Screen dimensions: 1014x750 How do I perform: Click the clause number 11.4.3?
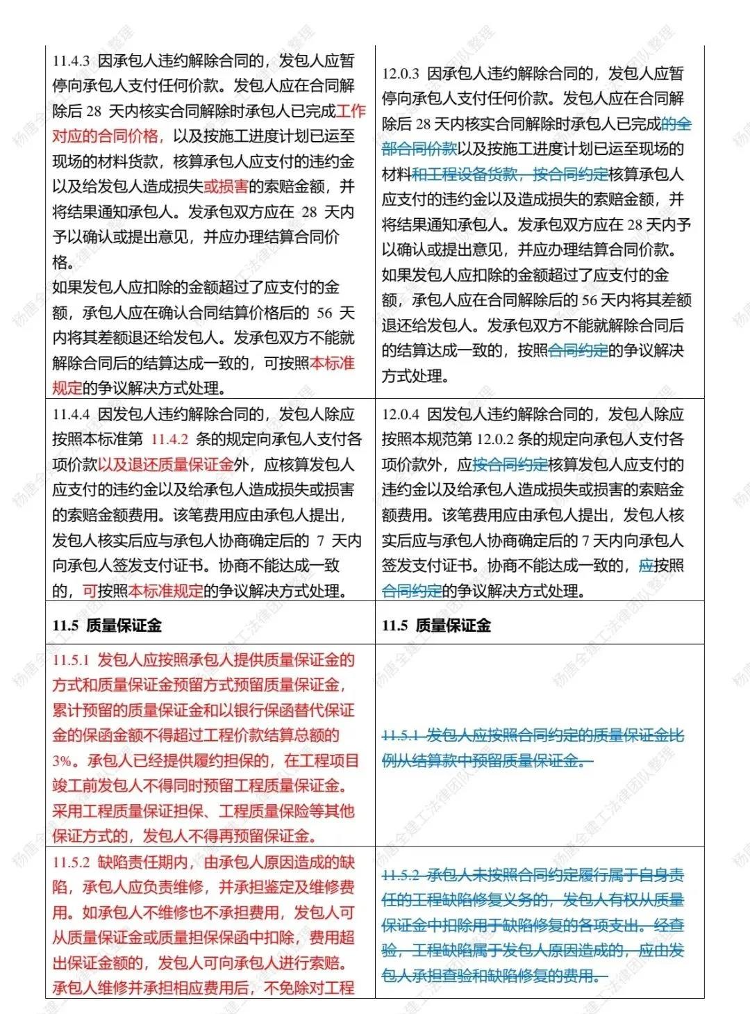coord(72,61)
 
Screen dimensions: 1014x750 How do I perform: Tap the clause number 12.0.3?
coord(401,74)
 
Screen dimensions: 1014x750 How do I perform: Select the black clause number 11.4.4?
coord(72,415)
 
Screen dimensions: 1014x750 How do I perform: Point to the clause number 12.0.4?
coord(401,415)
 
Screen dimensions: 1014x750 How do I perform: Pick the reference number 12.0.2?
coord(495,440)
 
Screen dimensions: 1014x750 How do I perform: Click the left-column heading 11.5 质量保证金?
coord(106,625)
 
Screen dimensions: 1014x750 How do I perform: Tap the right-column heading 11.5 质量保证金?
coord(436,625)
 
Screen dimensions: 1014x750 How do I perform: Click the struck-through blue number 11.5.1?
coord(401,735)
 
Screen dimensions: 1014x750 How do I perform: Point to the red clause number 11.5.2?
coord(72,862)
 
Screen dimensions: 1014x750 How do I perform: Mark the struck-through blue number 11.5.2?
coord(401,875)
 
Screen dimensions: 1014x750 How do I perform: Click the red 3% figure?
coord(62,761)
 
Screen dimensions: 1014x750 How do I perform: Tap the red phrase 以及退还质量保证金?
coord(165,465)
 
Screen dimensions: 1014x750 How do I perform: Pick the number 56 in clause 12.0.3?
coord(589,301)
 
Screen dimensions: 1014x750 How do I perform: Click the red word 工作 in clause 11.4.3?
coord(351,111)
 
